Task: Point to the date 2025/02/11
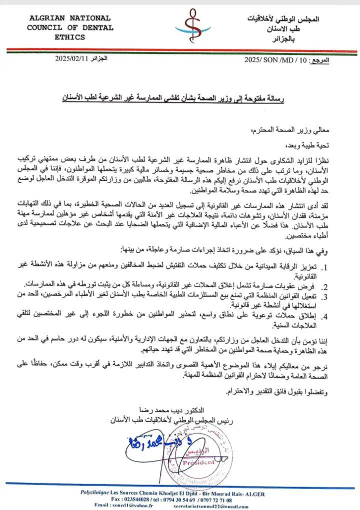pyautogui.click(x=72, y=59)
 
